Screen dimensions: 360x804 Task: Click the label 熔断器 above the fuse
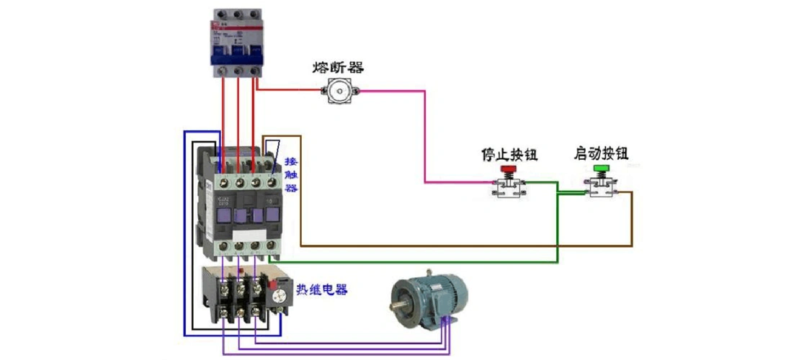pos(338,68)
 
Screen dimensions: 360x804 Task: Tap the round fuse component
pos(339,91)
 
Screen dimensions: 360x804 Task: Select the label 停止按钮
pos(509,154)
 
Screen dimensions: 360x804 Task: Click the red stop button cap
pos(509,171)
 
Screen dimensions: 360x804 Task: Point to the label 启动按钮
pos(601,153)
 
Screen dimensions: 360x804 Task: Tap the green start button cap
pos(601,170)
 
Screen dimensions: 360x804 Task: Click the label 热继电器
pos(321,289)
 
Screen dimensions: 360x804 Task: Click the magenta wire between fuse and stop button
pos(424,137)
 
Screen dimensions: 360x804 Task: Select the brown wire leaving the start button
pos(633,223)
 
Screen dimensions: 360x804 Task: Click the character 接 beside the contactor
pos(290,161)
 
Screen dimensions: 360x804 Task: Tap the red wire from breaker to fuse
pos(288,91)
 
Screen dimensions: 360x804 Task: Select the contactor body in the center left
pos(241,209)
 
